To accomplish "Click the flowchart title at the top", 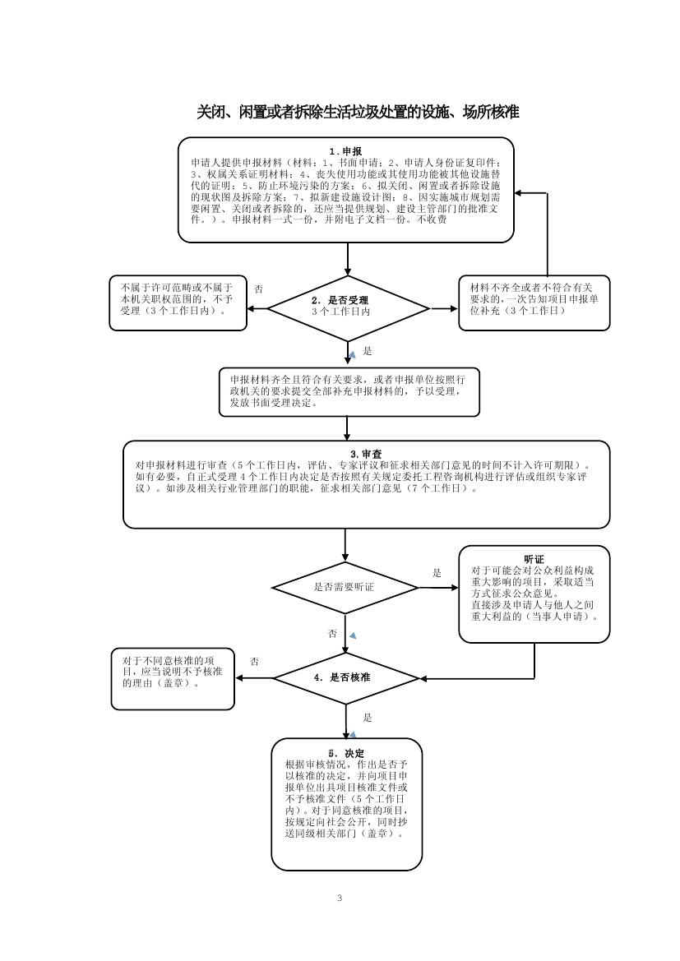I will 358,112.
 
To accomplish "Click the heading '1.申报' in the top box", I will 345,151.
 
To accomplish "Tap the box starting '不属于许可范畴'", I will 178,302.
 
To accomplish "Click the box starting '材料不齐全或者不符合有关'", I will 534,302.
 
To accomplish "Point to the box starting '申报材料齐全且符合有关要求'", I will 349,391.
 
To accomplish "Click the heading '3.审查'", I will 366,454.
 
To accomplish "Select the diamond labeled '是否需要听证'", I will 345,587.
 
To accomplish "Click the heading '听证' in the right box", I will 534,559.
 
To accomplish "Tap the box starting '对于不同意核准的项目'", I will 172,678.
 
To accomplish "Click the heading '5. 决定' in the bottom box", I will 346,753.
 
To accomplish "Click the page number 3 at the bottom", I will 339,897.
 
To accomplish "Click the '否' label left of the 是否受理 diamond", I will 259,289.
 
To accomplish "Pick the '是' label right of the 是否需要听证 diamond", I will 437,572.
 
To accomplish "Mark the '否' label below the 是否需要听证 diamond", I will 332,634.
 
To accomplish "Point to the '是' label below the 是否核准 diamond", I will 368,717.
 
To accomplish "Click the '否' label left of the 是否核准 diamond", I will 255,661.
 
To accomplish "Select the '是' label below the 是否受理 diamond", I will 368,351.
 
